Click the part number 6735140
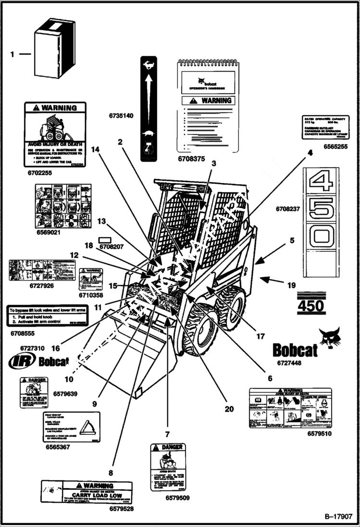(121, 116)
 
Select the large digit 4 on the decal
(321, 183)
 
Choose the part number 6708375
(191, 158)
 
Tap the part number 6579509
(177, 498)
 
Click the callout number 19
(291, 285)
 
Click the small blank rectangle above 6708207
(105, 239)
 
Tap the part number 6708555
(23, 332)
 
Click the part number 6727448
(289, 363)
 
